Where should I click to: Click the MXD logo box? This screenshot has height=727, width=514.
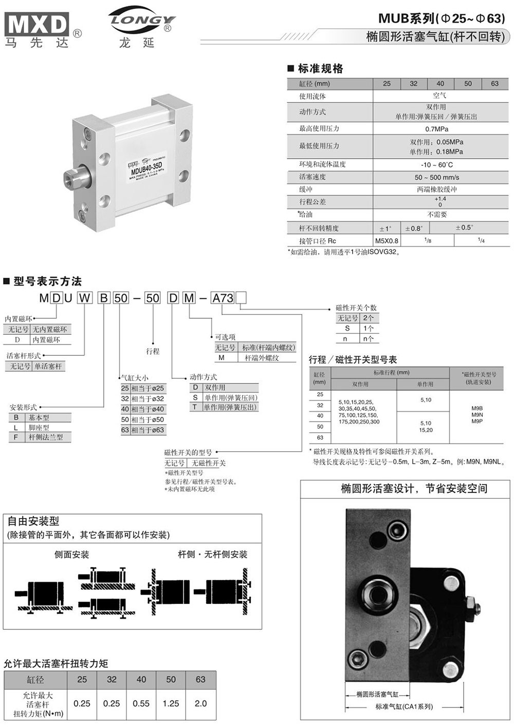[x=36, y=24]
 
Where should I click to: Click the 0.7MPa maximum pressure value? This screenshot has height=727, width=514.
[x=437, y=129]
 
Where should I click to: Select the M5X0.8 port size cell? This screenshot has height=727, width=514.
[x=387, y=241]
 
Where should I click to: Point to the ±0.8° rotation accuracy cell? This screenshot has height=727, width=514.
[x=414, y=228]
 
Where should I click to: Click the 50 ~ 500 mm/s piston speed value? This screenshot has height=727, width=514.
[x=437, y=178]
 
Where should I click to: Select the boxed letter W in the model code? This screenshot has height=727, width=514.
[x=84, y=298]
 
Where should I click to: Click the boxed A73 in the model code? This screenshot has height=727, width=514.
[x=223, y=298]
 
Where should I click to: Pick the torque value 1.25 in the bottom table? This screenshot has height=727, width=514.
[x=171, y=703]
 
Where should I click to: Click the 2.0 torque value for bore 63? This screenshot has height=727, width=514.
[x=200, y=703]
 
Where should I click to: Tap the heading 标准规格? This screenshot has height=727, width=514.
[x=320, y=68]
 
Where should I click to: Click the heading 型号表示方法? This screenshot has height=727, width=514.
[x=48, y=281]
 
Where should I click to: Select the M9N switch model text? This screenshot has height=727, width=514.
[x=477, y=415]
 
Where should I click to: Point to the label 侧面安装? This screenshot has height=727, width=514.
[x=72, y=554]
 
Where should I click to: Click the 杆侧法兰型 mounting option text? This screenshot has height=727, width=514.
[x=46, y=437]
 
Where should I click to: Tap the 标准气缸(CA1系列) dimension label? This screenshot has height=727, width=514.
[x=404, y=706]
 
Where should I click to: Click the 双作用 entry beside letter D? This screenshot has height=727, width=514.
[x=215, y=388]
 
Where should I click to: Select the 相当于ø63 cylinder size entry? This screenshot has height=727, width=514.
[x=148, y=430]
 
